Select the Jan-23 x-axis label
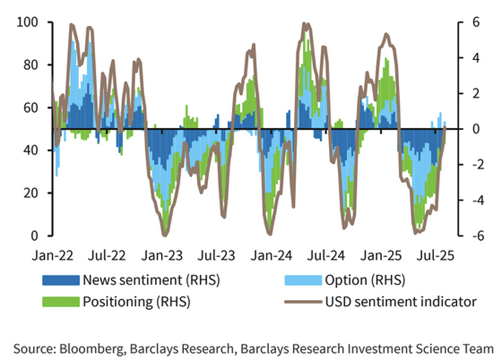[x=164, y=255]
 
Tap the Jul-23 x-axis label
[x=218, y=255]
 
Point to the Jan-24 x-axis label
[x=273, y=255]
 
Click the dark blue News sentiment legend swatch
[x=60, y=280]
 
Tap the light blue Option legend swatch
[x=303, y=280]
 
